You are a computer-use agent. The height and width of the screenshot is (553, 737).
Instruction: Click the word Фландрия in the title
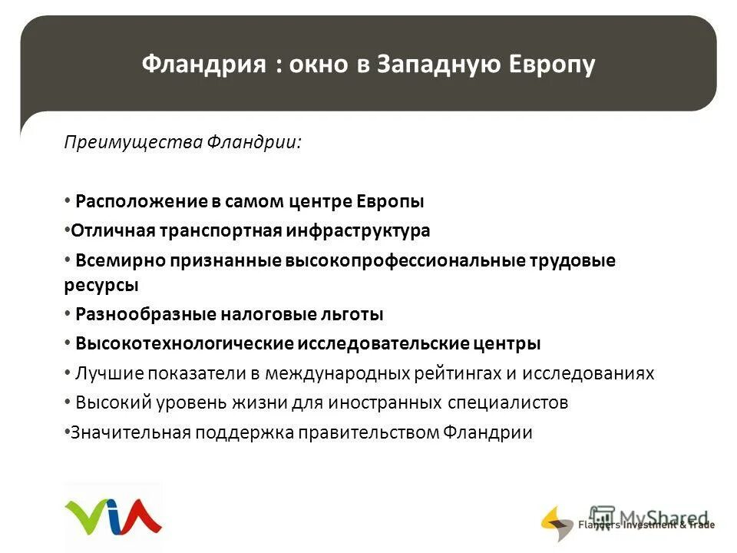[199, 65]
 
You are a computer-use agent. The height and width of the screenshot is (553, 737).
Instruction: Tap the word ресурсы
[101, 284]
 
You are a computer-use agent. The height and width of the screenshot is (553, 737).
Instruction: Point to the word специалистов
[506, 402]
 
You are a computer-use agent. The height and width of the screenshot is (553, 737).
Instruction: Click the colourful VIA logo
[113, 516]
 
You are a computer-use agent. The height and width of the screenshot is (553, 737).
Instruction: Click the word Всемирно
[111, 260]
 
